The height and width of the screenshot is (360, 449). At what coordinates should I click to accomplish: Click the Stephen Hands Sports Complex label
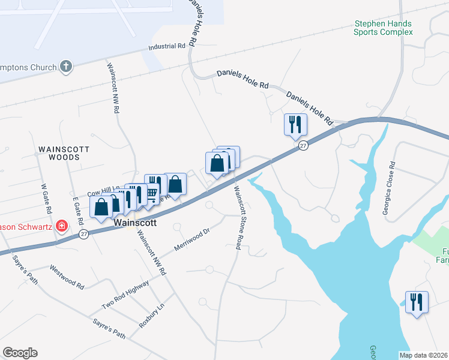(x=383, y=28)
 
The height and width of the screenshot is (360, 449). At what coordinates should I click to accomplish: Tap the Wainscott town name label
(x=135, y=222)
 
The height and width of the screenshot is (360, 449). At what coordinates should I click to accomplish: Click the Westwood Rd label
(x=67, y=277)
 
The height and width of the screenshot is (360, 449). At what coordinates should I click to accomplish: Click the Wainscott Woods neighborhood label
(x=64, y=152)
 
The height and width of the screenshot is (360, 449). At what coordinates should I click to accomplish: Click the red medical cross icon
(x=61, y=226)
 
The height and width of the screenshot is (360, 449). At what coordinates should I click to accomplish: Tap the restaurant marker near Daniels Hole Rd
(x=295, y=125)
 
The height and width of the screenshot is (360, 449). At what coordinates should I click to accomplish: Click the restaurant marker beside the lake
(x=417, y=301)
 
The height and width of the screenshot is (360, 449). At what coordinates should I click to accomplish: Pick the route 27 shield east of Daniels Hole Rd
(x=304, y=146)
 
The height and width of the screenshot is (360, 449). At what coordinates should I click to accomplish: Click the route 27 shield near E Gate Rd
(x=84, y=235)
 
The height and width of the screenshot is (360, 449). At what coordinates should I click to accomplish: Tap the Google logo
(x=20, y=353)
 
